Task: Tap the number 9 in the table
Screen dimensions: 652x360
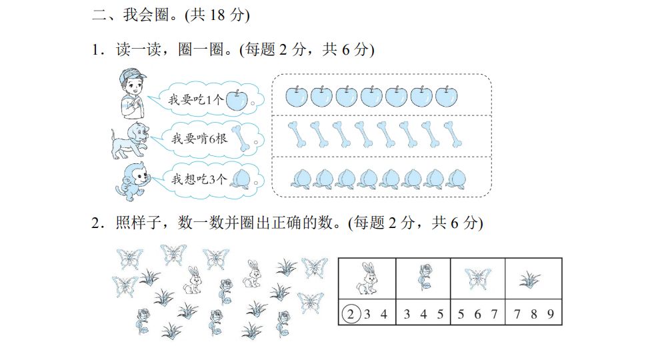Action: [x=551, y=314]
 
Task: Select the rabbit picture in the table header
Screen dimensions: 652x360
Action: [x=367, y=277]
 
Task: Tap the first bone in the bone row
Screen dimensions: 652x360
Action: [x=297, y=134]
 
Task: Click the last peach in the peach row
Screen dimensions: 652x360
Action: [x=456, y=178]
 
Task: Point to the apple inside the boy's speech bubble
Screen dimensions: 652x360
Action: [x=236, y=101]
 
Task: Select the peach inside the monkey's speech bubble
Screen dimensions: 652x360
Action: [x=241, y=179]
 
